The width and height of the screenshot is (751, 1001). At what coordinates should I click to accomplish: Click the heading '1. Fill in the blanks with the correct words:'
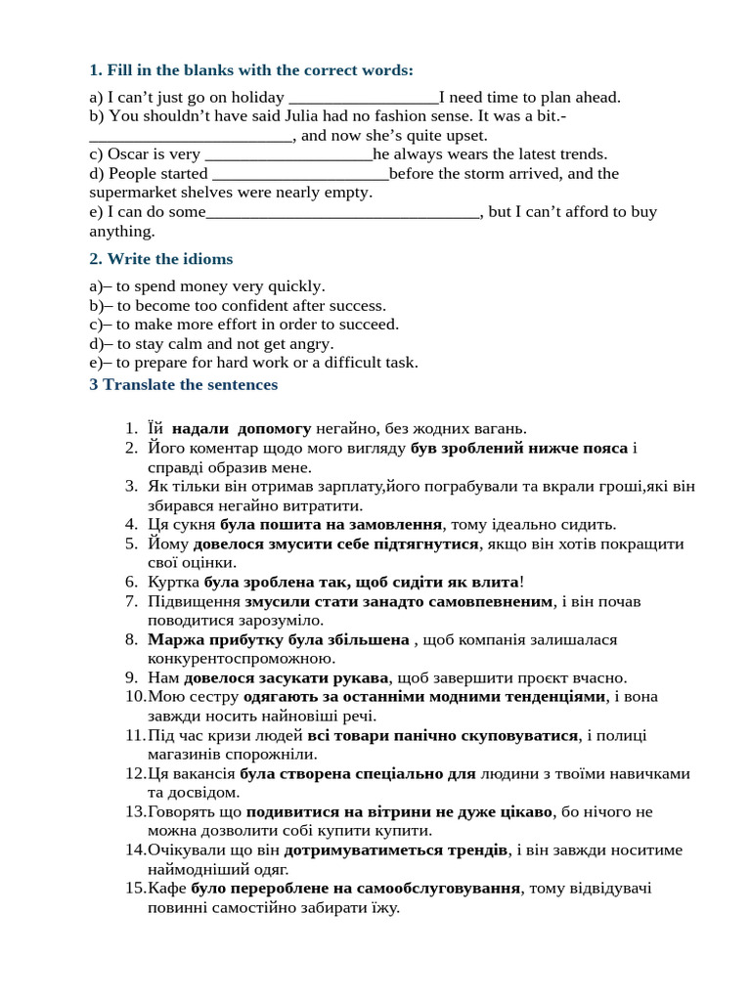[251, 70]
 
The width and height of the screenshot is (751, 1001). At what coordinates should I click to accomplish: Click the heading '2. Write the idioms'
[160, 259]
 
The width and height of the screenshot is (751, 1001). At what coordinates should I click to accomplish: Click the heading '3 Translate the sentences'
[183, 384]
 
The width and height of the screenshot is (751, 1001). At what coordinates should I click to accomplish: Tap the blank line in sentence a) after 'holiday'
[364, 98]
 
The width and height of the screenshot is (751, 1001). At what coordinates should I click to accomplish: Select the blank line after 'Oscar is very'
[290, 154]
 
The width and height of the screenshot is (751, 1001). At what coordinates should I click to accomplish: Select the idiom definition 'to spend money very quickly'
[220, 286]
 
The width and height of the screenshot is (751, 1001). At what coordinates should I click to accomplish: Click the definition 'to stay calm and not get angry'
[225, 343]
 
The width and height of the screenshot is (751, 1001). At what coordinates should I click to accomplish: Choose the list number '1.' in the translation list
[132, 428]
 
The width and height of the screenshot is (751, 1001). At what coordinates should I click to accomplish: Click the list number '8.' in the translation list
[132, 639]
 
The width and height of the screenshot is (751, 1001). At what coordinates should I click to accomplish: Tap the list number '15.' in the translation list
[135, 888]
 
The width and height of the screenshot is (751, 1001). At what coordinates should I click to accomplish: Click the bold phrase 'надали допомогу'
[242, 428]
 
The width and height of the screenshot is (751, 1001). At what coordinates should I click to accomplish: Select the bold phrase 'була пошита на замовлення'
[331, 524]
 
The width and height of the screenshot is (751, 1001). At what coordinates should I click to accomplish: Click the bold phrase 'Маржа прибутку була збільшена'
[279, 639]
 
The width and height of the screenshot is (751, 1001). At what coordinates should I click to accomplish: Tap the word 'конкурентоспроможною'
[236, 658]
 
